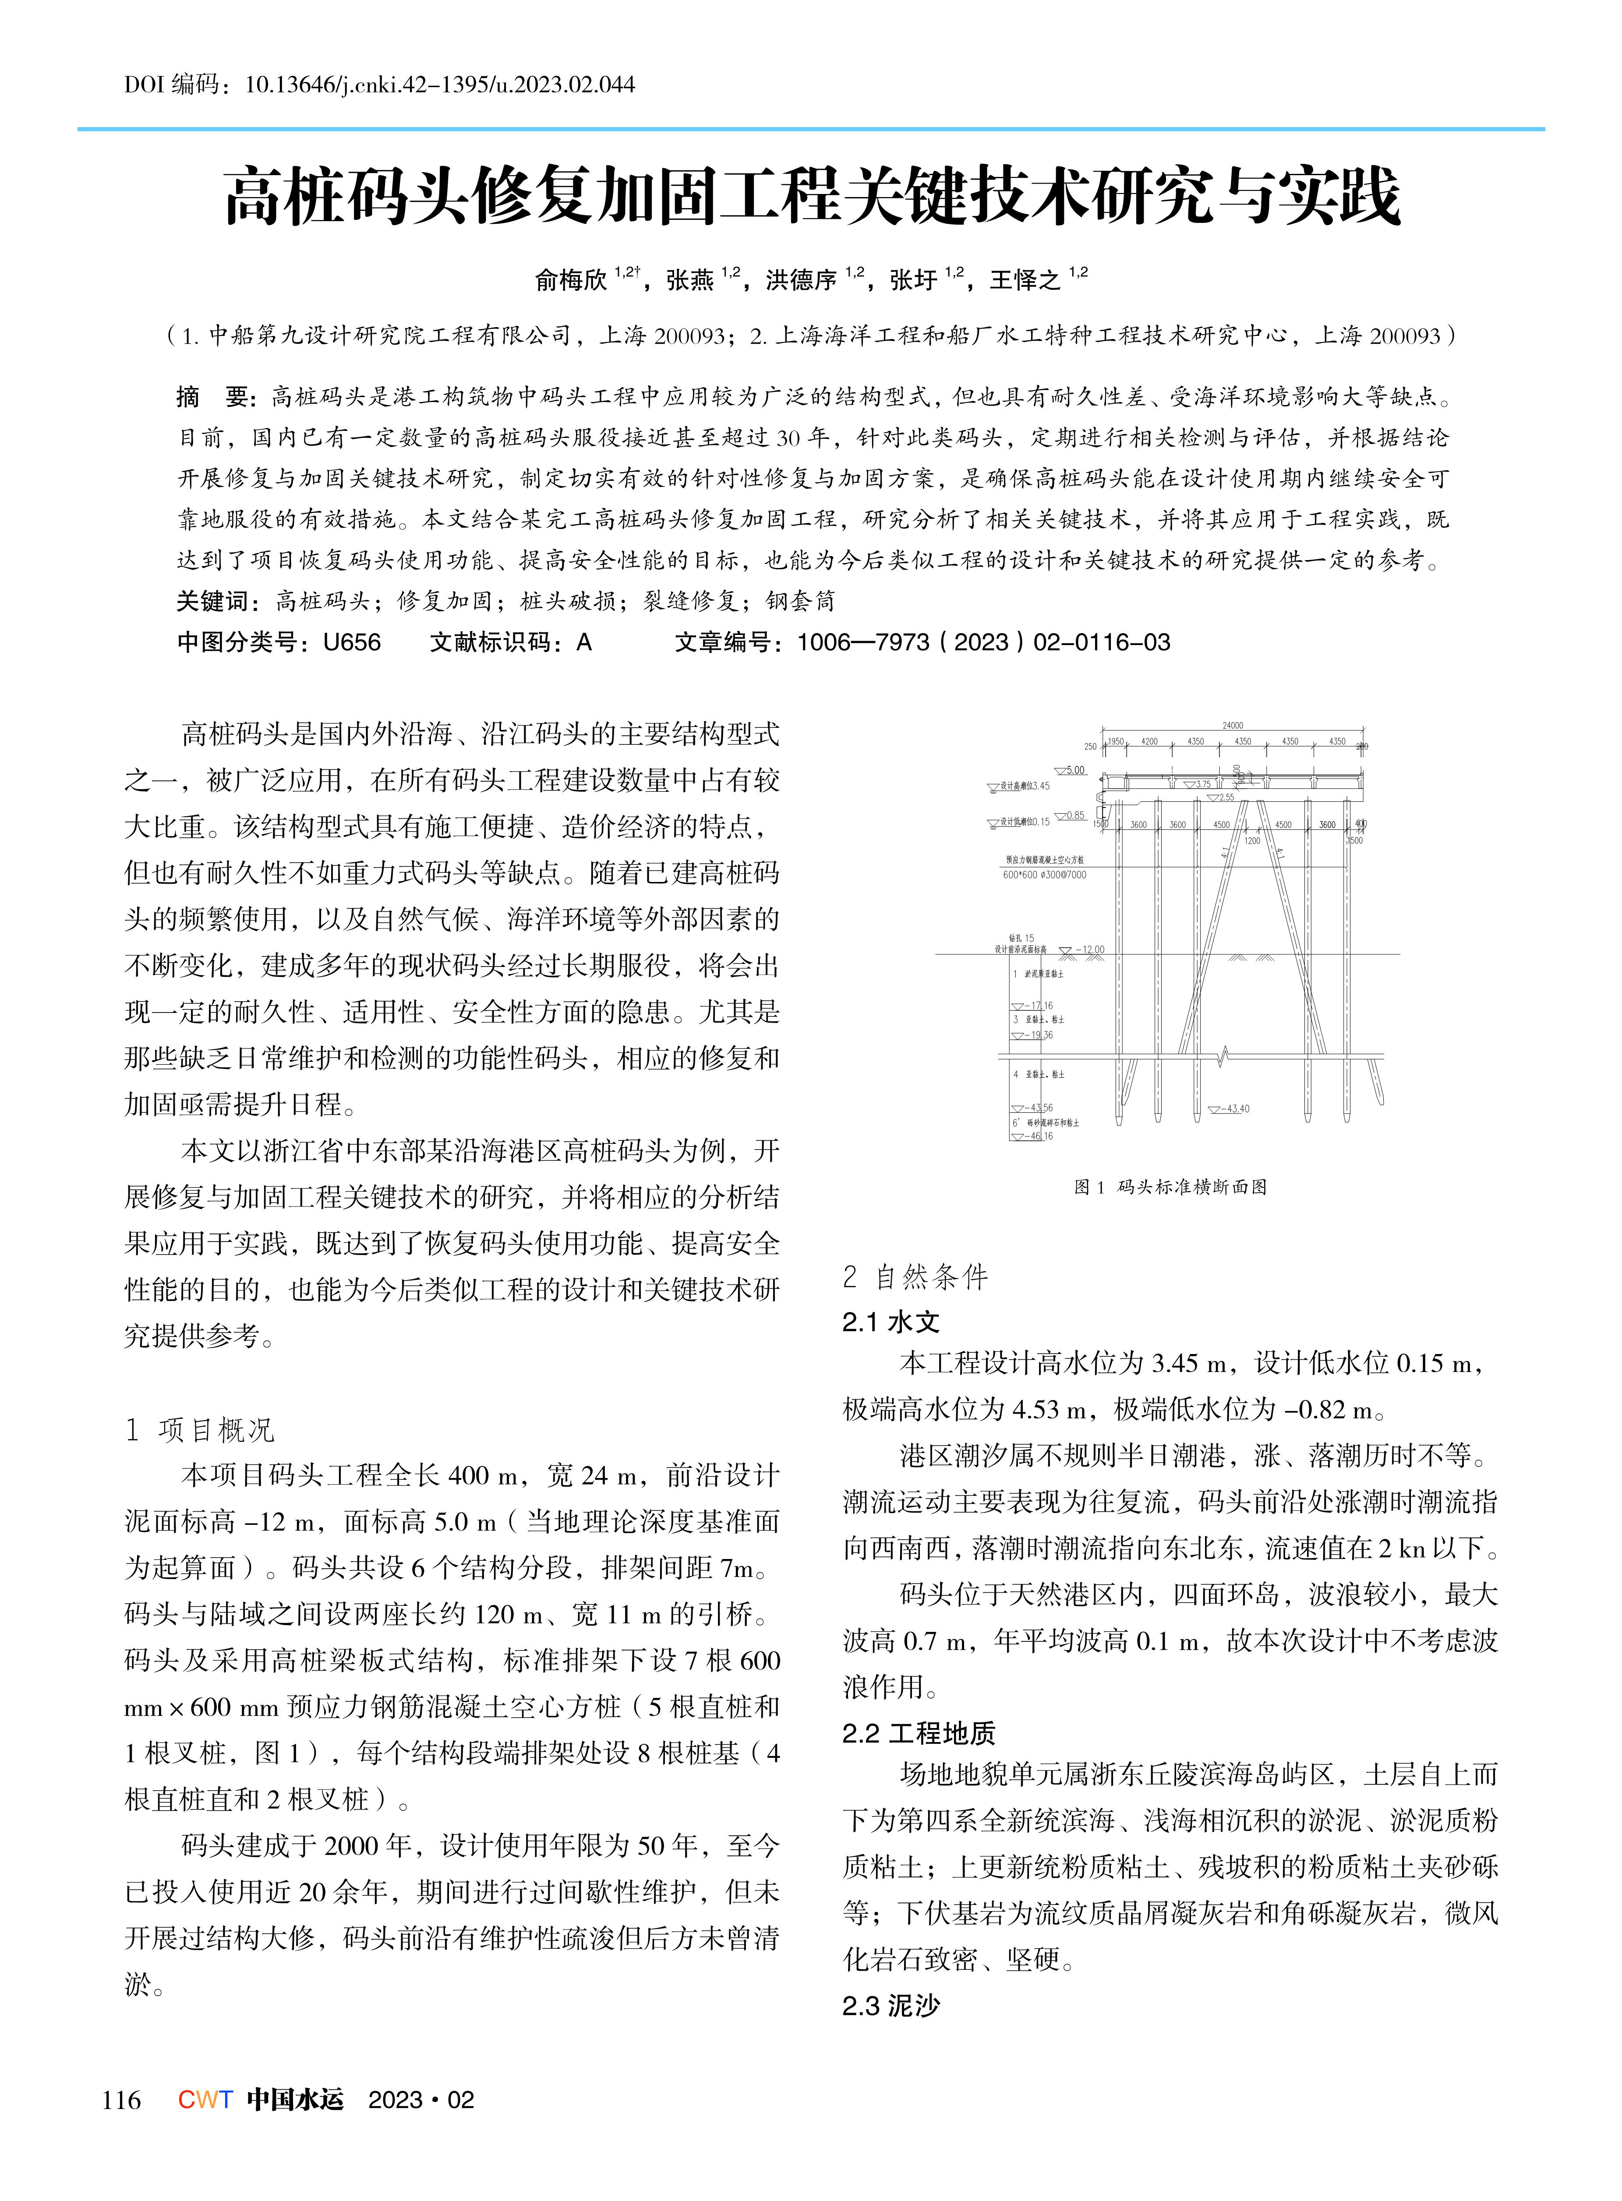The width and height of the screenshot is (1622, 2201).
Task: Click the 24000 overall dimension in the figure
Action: tap(1232, 726)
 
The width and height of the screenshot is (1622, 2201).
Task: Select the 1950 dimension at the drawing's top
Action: tap(1115, 741)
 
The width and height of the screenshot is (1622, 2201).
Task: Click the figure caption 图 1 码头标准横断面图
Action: tap(1170, 1187)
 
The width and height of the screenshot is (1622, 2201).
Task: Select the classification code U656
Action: tap(351, 642)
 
